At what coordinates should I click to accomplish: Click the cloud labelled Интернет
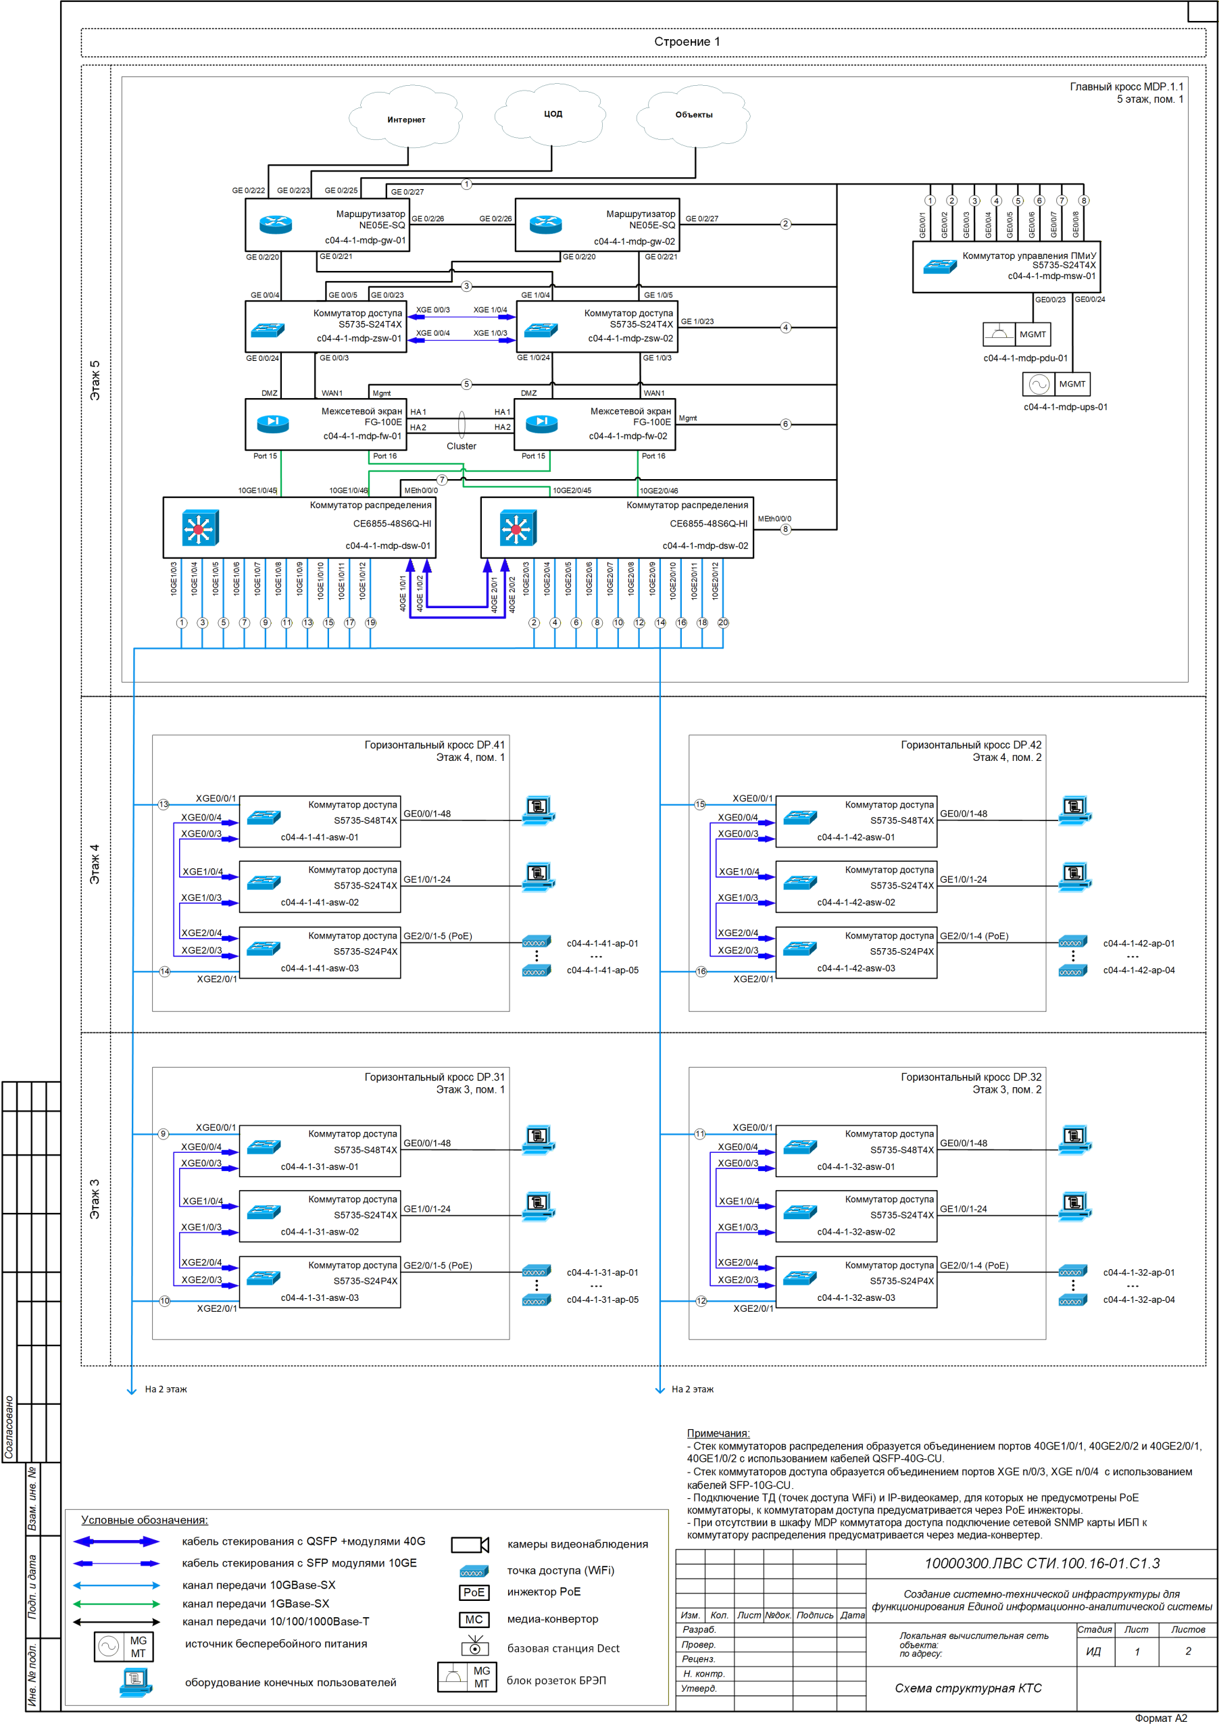tap(405, 118)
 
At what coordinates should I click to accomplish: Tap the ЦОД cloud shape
tap(552, 114)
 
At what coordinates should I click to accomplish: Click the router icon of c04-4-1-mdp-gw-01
tap(275, 224)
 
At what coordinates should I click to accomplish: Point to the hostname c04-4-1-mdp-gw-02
tap(635, 242)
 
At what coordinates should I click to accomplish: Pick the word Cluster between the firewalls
tap(461, 446)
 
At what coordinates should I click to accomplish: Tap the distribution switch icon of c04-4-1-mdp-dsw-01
tap(199, 527)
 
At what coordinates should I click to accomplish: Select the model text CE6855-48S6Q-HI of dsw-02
tap(708, 524)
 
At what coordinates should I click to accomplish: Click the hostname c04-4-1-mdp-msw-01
tap(1051, 276)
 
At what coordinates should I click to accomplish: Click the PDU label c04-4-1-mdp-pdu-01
tap(1024, 358)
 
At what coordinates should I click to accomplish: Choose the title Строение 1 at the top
tap(687, 41)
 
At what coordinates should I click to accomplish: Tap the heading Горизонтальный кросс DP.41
tap(434, 745)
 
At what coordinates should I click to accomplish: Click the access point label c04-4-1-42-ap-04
tap(1139, 970)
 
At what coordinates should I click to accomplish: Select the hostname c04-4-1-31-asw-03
tap(320, 1297)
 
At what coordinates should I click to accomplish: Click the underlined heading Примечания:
tap(717, 1433)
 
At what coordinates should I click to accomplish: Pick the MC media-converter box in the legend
tap(474, 1619)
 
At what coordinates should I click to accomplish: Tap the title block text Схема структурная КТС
tap(968, 1688)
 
